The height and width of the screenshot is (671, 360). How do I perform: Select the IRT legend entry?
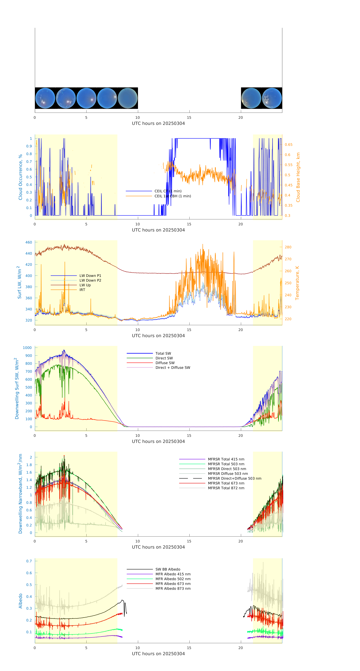pos(82,290)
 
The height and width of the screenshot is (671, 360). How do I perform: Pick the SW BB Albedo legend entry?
pos(168,569)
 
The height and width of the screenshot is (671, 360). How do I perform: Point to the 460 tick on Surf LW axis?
pos(29,242)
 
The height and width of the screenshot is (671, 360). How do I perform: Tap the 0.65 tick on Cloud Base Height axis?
pos(288,145)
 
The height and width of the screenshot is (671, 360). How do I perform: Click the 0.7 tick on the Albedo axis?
pos(29,561)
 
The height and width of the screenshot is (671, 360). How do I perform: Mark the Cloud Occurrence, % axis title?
pos(20,177)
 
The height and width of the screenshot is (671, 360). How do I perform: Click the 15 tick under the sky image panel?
pos(189,117)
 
